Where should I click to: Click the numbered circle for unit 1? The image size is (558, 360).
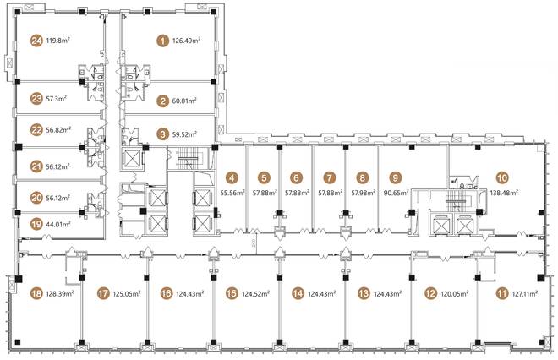coord(163,41)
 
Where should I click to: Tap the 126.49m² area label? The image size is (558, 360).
coord(186,41)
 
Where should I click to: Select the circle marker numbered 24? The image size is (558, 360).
coord(36,41)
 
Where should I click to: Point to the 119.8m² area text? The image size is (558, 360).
coord(57,41)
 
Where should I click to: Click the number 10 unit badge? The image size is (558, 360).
coord(502,177)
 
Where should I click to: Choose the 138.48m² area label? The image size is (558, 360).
coord(504,193)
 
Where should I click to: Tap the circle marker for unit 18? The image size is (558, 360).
coord(36,294)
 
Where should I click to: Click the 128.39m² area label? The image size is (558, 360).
coord(60,293)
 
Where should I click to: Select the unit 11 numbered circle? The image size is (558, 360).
coord(501,294)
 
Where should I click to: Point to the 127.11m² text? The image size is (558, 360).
coord(524,293)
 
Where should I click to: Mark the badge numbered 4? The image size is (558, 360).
coord(232,177)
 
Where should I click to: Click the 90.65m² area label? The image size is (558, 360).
coord(396,193)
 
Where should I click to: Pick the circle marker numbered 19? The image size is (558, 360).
coord(36,225)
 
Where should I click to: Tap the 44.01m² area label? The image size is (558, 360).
coord(58,224)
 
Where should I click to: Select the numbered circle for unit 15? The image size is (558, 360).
coord(232,294)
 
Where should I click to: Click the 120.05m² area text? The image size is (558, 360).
coord(455,293)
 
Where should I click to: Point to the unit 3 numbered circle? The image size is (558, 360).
coord(163,134)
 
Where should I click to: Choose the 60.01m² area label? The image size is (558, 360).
coord(184,101)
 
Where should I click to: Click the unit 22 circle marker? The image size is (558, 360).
coord(36,130)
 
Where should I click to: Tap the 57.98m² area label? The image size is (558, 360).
coord(364,193)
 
